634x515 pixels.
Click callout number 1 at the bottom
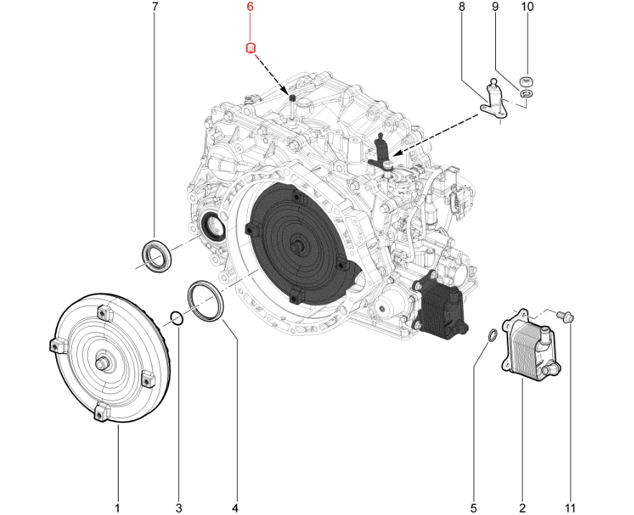click(117, 508)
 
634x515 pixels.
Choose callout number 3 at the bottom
click(179, 508)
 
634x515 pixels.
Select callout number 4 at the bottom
click(235, 508)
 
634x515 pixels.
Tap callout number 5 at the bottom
click(474, 508)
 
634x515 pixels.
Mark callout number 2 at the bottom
click(523, 508)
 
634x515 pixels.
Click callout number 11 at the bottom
click(570, 508)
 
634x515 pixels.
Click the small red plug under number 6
click(251, 48)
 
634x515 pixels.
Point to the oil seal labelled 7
click(155, 257)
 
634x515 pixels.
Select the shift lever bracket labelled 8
click(495, 101)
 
